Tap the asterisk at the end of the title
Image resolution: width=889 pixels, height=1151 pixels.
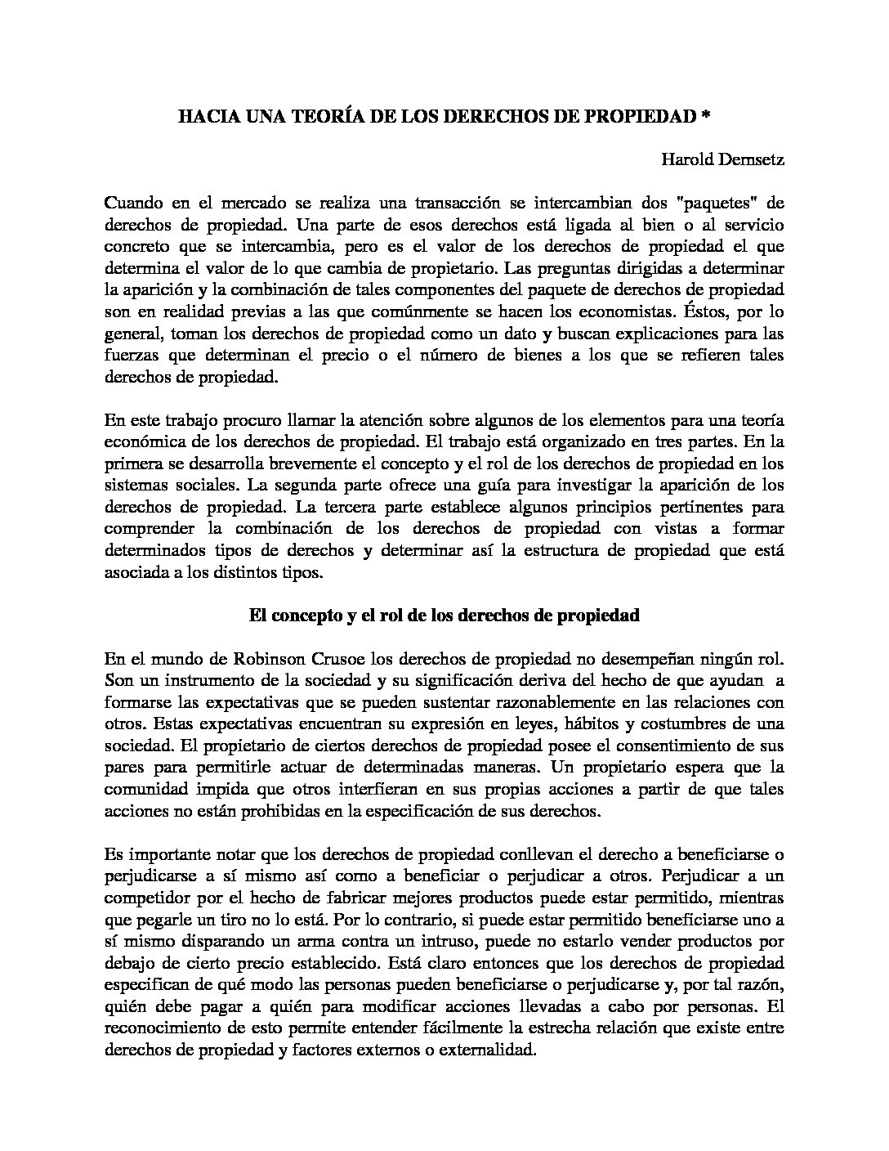click(705, 117)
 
